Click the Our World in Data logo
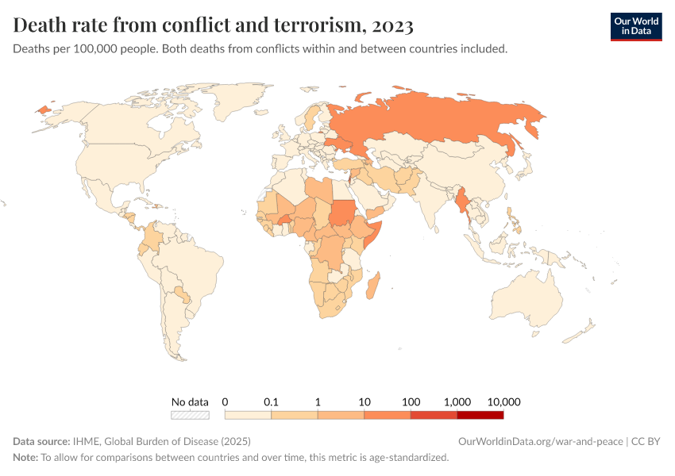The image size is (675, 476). click(x=635, y=26)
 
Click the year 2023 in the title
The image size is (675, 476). click(x=391, y=25)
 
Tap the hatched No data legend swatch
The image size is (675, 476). click(x=190, y=414)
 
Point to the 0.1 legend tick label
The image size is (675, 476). click(x=272, y=401)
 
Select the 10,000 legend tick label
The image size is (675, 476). click(x=503, y=401)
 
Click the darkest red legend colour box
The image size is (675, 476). click(x=480, y=414)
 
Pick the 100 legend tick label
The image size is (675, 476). click(x=411, y=401)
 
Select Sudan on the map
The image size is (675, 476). click(x=342, y=212)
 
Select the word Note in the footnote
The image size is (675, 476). click(x=25, y=458)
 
